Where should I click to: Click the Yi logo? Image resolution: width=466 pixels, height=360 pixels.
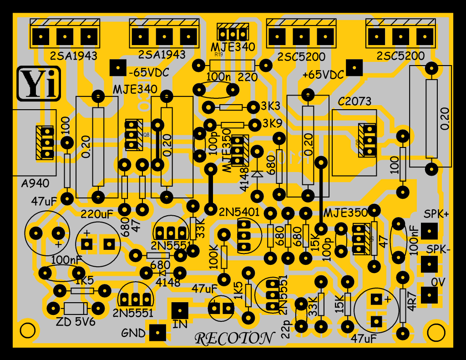pos(39,84)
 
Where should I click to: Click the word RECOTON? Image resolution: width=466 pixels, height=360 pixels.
pos(235,339)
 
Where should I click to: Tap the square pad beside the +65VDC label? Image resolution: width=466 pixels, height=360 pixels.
pos(354,68)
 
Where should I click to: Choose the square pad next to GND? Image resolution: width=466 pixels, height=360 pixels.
pos(157,333)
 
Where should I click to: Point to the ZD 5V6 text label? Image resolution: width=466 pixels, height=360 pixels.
pos(75,323)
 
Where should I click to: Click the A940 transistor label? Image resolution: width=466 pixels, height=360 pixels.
pos(35,184)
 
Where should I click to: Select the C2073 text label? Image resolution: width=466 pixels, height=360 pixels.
pos(355,101)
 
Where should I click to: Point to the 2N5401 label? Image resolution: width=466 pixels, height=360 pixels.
pos(239,212)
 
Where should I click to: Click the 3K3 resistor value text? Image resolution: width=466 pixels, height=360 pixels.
pos(271,106)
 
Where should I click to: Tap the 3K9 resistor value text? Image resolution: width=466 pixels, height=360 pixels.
pos(272,123)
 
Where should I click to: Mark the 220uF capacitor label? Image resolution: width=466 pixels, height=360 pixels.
pos(96,213)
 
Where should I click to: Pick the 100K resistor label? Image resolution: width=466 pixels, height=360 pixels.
pos(213,258)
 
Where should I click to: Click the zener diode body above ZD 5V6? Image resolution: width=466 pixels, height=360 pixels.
pos(76,308)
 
